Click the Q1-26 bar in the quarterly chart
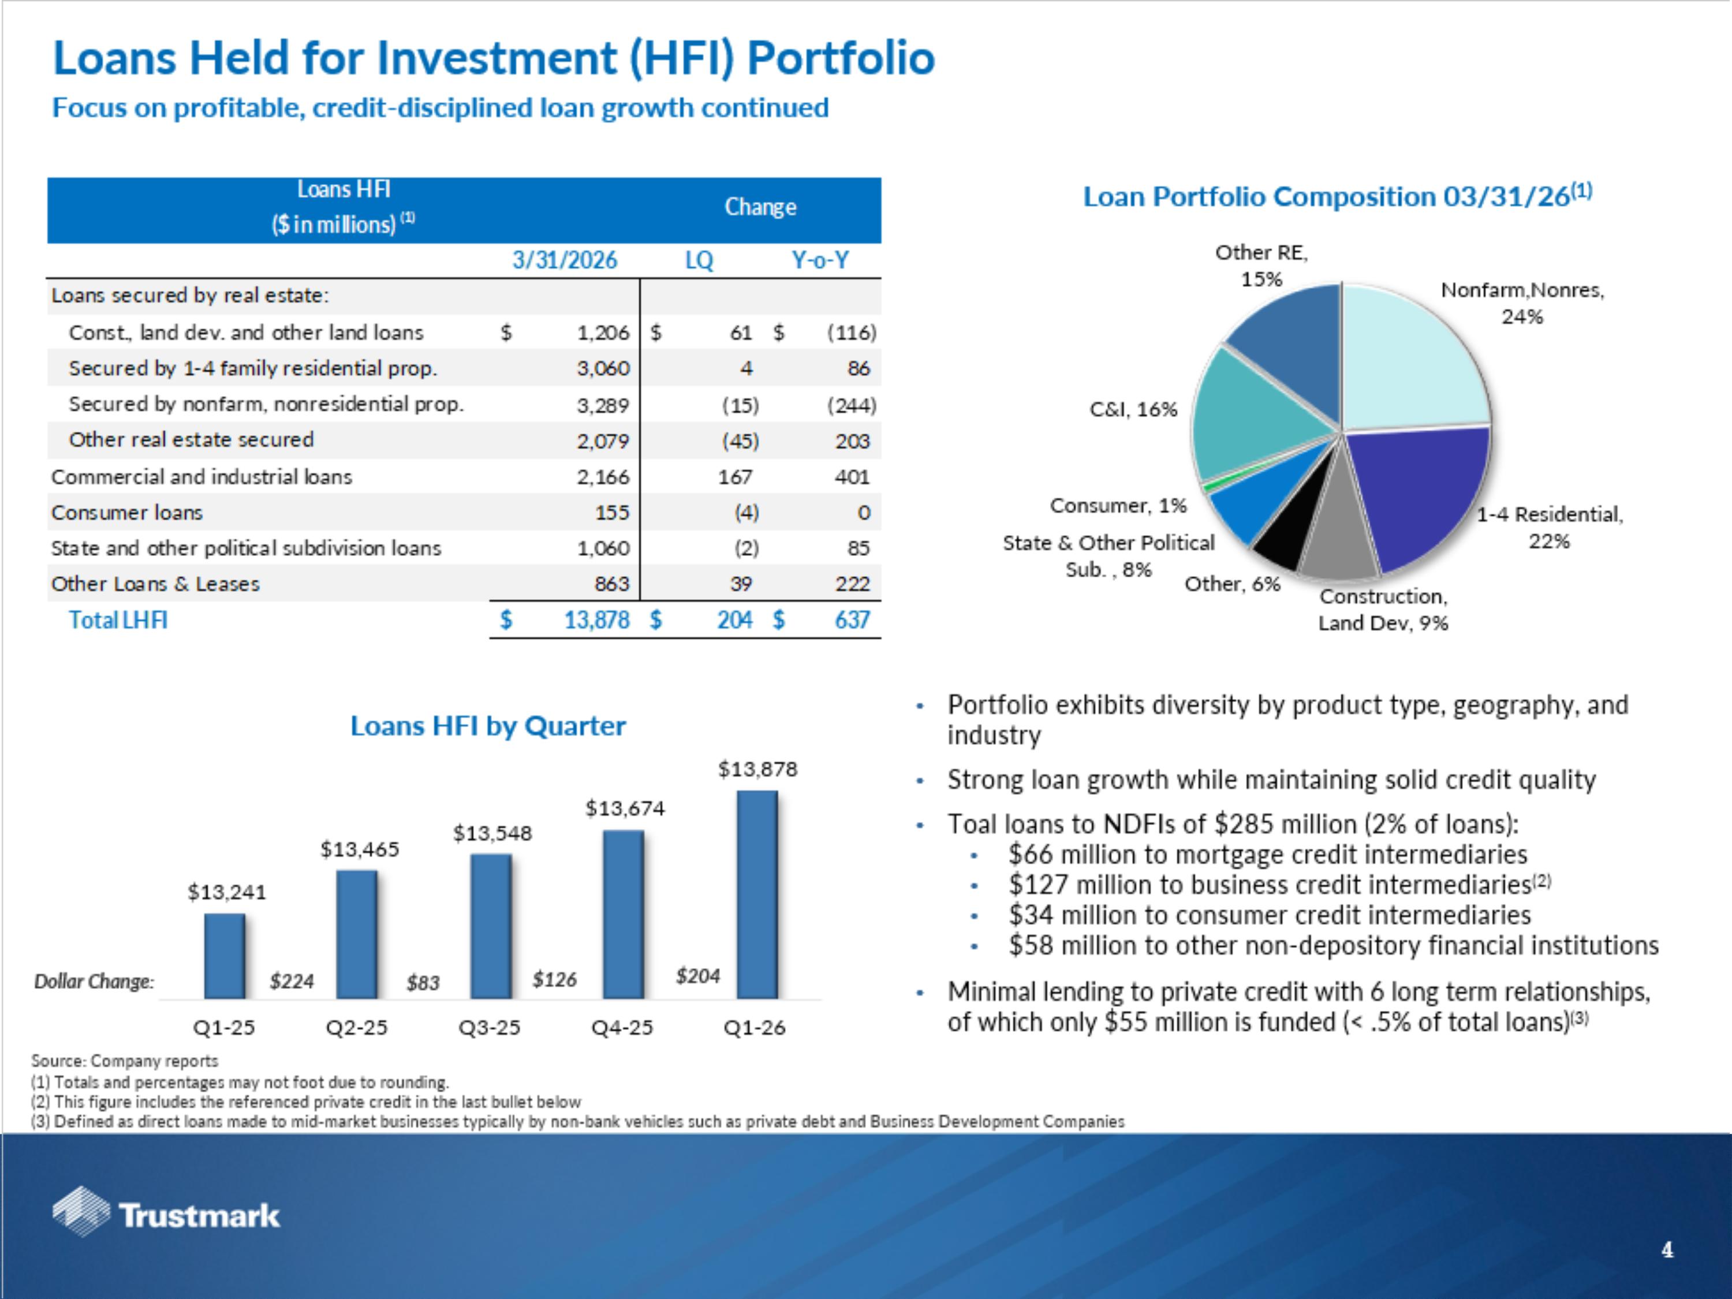click(756, 894)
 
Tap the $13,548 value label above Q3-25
click(492, 833)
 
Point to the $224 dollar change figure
click(292, 981)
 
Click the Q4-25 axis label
click(622, 1027)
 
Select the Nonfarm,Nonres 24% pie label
click(1522, 303)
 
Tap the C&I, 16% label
click(1133, 409)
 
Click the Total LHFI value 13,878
click(596, 620)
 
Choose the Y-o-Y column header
click(820, 260)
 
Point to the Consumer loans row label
click(127, 513)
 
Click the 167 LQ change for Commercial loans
click(736, 477)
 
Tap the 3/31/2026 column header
click(565, 260)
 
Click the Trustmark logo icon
click(81, 1212)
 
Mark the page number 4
click(1667, 1250)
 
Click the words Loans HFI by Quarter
click(488, 726)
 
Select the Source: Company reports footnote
click(125, 1061)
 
